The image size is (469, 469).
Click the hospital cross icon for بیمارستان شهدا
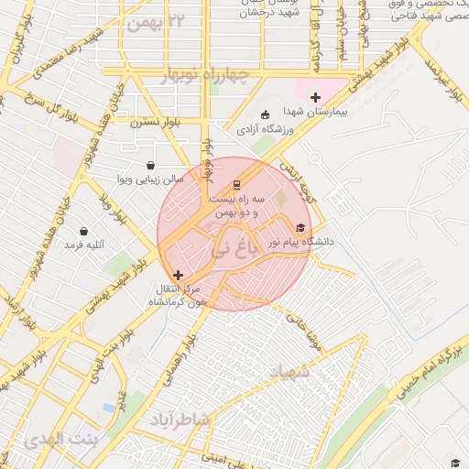tap(316, 97)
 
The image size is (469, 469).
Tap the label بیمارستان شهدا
tap(314, 111)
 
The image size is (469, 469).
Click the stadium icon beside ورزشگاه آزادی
tap(266, 115)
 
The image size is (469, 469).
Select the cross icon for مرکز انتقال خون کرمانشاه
tap(178, 274)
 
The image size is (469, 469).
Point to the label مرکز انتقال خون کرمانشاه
tap(182, 294)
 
